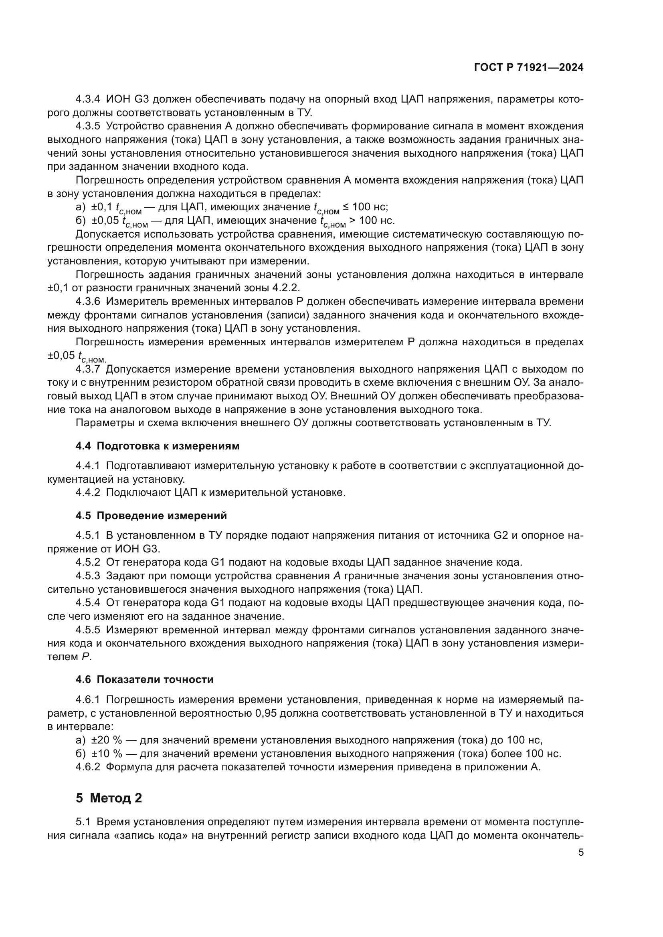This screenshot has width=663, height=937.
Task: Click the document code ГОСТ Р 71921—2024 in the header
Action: (529, 67)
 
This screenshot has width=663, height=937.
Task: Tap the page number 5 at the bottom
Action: (581, 852)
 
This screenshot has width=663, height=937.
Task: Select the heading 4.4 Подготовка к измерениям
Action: (157, 445)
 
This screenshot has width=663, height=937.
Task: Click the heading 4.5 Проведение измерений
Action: (151, 516)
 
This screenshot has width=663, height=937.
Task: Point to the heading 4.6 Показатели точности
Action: (145, 679)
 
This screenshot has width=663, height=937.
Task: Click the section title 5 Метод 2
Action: (109, 798)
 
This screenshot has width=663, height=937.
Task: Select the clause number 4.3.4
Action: (87, 99)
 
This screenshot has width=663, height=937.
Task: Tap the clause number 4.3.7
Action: (87, 369)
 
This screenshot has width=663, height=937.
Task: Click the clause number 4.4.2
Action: (87, 492)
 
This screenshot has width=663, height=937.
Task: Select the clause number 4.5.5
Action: (87, 630)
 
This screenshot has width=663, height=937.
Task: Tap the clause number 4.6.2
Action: (87, 767)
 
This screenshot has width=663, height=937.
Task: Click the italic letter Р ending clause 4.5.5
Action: (85, 657)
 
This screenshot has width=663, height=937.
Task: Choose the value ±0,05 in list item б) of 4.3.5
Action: (105, 220)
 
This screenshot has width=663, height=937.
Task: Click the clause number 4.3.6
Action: (87, 301)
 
